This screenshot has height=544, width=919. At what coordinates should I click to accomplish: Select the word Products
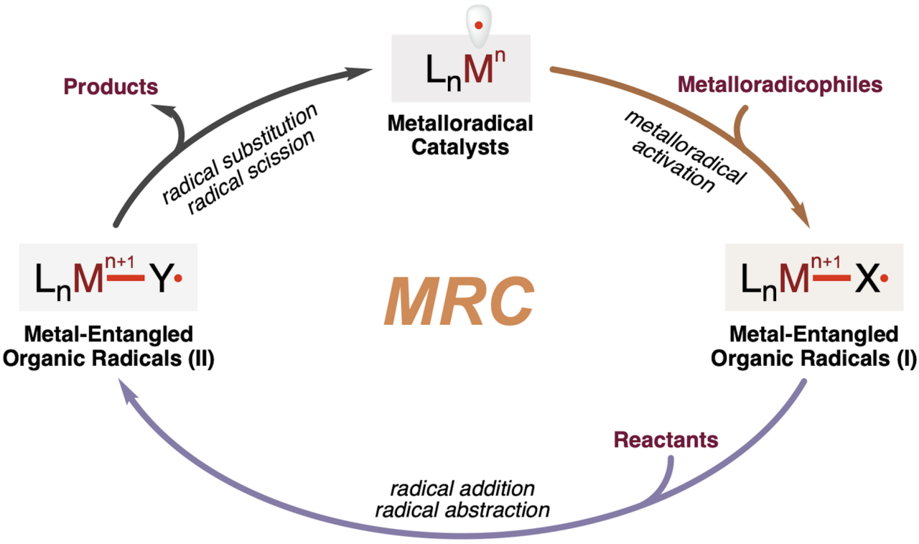point(111,87)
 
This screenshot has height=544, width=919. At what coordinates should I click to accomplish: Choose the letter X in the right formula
point(867,280)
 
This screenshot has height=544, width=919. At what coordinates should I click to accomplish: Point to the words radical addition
point(462,489)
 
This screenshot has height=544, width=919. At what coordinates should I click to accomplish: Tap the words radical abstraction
point(462,510)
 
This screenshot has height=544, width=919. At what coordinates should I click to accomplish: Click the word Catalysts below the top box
point(460,148)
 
